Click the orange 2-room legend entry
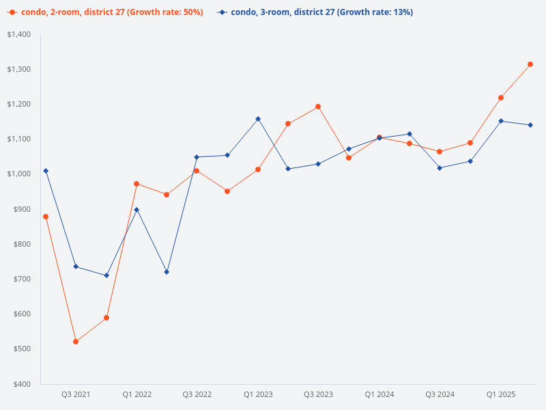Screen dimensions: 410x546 pos(106,12)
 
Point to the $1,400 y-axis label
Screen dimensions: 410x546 pos(19,34)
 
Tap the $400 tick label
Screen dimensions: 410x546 pos(22,384)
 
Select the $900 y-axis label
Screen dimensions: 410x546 pos(22,209)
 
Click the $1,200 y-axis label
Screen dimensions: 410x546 pos(19,104)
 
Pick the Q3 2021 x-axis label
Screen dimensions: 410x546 pos(76,395)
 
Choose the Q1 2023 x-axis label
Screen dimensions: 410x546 pos(258,395)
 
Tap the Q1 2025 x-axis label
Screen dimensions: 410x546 pos(500,395)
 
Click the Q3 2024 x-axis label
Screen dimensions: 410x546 pos(440,395)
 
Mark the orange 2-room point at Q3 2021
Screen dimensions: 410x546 pos(76,342)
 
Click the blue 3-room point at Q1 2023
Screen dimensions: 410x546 pos(258,119)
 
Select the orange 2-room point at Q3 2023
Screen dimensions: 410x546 pos(318,107)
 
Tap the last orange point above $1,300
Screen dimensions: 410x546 pos(530,64)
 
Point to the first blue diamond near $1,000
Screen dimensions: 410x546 pos(46,171)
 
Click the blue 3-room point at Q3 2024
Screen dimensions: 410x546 pos(440,168)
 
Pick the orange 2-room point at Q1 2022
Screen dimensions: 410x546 pos(136,184)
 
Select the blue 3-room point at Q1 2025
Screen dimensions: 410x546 pos(500,121)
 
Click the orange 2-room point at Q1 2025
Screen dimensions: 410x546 pos(500,98)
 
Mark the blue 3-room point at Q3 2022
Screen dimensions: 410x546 pos(197,157)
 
